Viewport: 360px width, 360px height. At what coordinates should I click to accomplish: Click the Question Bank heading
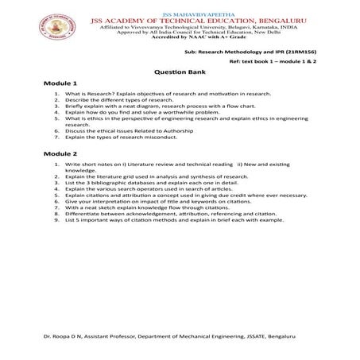click(179, 69)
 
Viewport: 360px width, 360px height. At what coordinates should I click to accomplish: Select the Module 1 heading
click(60, 83)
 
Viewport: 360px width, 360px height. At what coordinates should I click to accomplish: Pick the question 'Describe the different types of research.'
click(115, 100)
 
